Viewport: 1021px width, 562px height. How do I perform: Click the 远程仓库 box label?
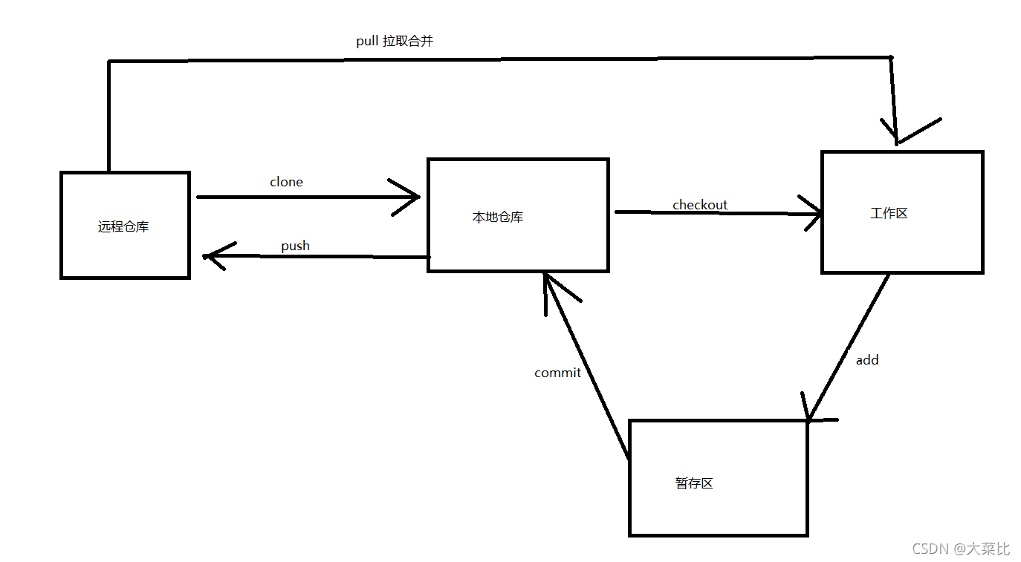click(x=123, y=226)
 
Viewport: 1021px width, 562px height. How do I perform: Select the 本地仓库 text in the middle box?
click(x=498, y=217)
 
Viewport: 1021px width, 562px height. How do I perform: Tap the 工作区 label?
click(x=889, y=214)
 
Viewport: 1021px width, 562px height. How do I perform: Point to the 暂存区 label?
click(x=694, y=483)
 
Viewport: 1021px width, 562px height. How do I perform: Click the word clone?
click(x=286, y=182)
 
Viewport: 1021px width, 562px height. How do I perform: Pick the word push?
click(x=295, y=246)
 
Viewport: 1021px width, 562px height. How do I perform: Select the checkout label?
click(x=700, y=205)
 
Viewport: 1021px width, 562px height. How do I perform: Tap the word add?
click(x=867, y=360)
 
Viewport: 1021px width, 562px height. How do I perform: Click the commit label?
click(x=557, y=373)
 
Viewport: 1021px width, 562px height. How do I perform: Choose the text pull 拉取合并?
click(x=395, y=42)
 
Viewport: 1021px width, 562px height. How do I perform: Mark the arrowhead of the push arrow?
click(x=207, y=257)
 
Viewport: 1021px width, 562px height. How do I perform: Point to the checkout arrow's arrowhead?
click(x=819, y=215)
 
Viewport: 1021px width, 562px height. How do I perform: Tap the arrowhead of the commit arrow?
click(x=546, y=276)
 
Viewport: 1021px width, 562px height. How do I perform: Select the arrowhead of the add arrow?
click(x=809, y=418)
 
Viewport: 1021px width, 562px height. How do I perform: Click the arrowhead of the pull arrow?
click(x=897, y=141)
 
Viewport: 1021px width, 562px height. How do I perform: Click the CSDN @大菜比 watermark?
click(x=960, y=549)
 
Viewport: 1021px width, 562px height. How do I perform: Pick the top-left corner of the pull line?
click(x=109, y=61)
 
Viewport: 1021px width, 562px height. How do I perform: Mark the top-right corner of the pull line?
click(x=891, y=57)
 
